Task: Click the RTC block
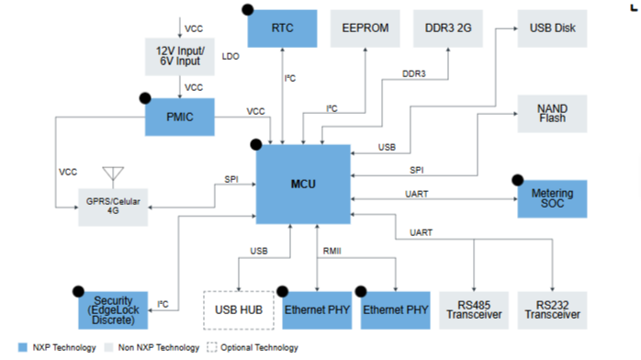pos(282,28)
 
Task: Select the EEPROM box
pos(365,28)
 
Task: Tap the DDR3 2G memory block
pos(448,28)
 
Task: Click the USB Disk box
pos(552,28)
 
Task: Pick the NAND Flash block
pos(552,114)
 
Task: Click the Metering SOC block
pos(552,199)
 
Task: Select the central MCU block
pos(303,185)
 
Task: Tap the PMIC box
pos(180,117)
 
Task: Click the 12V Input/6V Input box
pos(180,57)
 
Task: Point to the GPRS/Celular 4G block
pos(113,208)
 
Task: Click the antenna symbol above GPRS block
pos(113,175)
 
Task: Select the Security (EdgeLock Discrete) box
pos(113,310)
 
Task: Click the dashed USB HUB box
pos(239,310)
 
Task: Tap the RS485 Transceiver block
pos(474,310)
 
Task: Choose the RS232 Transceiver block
pos(552,310)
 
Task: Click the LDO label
pos(231,56)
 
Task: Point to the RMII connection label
pos(332,251)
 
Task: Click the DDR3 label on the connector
pos(413,74)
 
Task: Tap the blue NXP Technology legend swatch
pos(23,347)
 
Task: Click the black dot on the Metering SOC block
pos(518,180)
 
